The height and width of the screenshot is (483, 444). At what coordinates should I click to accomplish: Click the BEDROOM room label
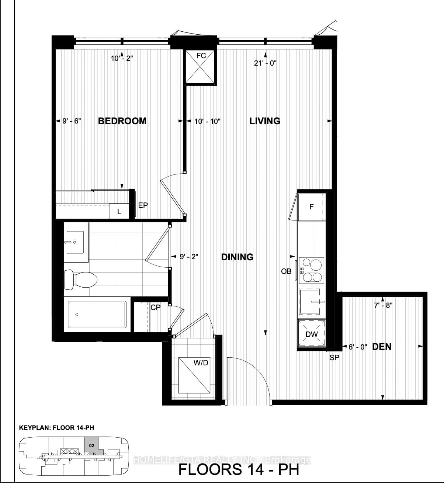122,121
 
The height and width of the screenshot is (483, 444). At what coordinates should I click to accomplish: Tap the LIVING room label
265,121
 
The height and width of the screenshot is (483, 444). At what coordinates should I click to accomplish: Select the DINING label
237,257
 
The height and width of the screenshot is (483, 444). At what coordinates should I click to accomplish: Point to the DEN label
382,347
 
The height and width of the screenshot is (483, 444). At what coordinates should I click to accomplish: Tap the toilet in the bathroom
80,279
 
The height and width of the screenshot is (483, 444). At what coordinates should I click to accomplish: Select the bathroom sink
75,242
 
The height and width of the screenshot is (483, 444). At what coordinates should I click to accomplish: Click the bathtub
97,315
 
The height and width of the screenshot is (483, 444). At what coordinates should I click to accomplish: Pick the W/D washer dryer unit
195,375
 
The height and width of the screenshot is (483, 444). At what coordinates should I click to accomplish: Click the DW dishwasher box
312,334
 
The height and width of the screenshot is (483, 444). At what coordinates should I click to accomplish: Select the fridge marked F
312,207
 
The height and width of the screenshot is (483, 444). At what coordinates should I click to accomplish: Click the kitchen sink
312,302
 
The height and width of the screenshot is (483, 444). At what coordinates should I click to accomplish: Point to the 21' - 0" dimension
265,63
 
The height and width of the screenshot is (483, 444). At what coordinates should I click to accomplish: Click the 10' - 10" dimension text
207,121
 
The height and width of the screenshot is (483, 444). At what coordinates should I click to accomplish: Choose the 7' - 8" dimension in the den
384,305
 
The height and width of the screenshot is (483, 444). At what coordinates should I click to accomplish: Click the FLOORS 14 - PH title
239,469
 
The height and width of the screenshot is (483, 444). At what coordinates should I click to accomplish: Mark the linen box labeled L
119,212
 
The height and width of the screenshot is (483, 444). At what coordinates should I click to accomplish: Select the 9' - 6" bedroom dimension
72,121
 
